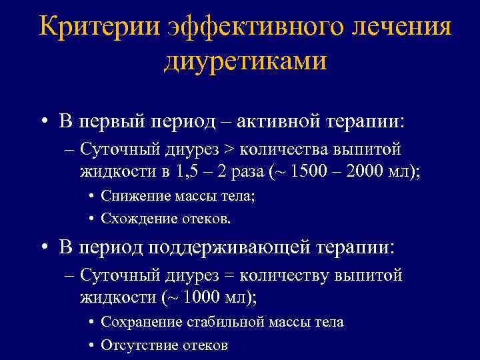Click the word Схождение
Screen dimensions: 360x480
click(134, 218)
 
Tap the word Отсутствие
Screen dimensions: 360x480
click(136, 345)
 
